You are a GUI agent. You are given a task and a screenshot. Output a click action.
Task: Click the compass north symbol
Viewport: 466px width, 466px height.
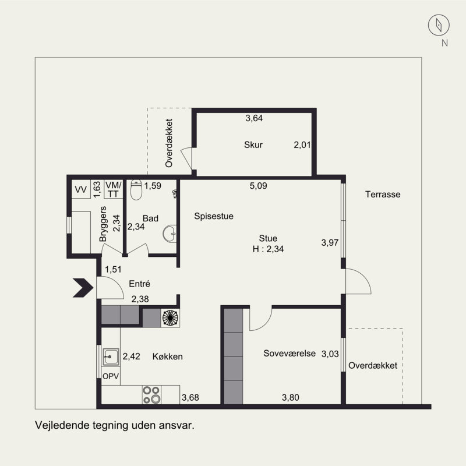click(439, 25)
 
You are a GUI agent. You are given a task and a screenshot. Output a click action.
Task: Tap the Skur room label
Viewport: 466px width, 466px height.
click(253, 144)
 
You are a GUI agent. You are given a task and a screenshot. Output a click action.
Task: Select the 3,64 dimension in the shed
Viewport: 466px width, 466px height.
click(254, 118)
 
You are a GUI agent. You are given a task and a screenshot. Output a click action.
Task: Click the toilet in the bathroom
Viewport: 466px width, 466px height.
click(136, 190)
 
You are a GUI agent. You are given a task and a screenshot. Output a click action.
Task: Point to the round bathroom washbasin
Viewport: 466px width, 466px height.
click(170, 234)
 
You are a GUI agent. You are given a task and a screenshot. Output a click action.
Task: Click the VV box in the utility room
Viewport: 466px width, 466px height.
click(81, 189)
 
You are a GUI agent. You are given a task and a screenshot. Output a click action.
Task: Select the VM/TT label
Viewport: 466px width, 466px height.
click(113, 189)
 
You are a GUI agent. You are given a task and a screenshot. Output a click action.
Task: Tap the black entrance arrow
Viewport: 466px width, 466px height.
click(83, 288)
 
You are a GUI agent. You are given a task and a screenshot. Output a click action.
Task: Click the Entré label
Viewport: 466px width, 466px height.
click(139, 284)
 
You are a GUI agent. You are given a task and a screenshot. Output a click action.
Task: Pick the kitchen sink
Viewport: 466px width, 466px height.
click(111, 356)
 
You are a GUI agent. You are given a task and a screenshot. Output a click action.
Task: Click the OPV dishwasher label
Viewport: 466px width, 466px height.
click(111, 376)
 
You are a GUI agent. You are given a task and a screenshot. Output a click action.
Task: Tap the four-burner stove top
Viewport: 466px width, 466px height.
click(151, 395)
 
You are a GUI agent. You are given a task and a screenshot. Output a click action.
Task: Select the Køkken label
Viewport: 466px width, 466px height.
click(167, 356)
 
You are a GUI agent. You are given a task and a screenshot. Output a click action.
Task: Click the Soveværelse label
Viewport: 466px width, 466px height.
click(289, 353)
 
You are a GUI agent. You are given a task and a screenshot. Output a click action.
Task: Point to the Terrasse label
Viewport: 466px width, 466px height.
click(383, 195)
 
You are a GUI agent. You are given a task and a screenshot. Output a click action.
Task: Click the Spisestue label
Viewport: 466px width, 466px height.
click(214, 216)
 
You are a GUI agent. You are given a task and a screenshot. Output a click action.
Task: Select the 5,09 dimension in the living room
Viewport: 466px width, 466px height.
click(258, 186)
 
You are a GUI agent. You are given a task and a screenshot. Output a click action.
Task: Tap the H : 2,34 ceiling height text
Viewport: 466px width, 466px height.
click(268, 249)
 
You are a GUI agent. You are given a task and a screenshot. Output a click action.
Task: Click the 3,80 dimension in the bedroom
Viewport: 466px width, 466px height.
click(290, 397)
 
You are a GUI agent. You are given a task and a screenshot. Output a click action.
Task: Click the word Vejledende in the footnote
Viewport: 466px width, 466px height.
click(62, 425)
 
